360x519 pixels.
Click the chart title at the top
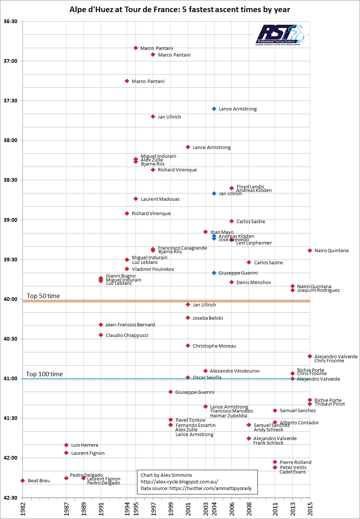180,10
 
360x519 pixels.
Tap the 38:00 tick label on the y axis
11,140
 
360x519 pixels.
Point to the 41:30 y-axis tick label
11,418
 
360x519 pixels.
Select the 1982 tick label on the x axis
23,509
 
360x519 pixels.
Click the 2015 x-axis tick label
310,509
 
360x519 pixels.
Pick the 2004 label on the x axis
214,509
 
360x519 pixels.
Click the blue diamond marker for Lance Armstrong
214,109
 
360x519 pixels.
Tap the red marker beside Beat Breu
23,480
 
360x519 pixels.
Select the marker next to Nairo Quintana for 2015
310,251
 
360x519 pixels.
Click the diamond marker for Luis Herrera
66,445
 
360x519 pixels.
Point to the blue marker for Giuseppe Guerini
214,273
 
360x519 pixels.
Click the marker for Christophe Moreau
188,346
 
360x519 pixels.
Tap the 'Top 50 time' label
43,296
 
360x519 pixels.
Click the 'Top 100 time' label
44,374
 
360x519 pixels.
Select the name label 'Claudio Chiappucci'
127,335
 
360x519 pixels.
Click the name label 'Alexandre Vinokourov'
235,371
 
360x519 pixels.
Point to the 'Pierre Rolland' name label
295,462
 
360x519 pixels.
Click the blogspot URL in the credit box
179,482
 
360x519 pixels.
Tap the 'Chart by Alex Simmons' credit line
166,475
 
